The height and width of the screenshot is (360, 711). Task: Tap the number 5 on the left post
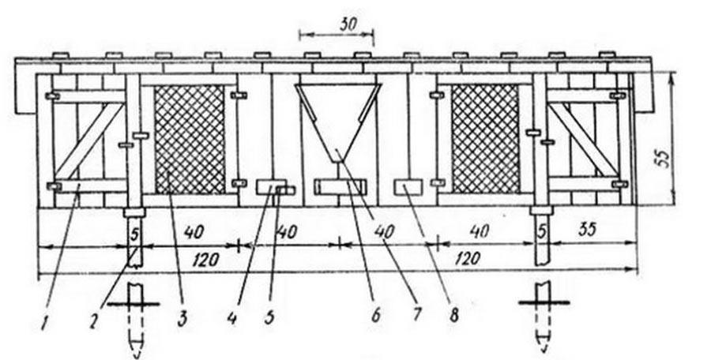pyautogui.click(x=134, y=233)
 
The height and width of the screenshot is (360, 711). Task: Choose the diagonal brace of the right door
pyautogui.click(x=585, y=140)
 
